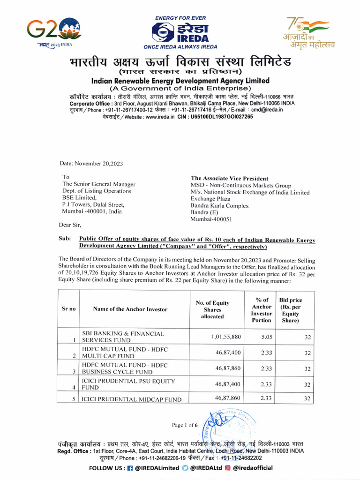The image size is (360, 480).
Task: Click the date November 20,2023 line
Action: point(91,163)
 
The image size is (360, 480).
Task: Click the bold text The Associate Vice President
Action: point(229,178)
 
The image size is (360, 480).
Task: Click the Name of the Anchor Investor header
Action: point(130,309)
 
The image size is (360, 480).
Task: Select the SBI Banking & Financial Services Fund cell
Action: point(123,337)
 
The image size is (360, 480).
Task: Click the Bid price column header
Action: point(290,310)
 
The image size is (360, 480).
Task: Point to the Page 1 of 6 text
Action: point(185,425)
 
